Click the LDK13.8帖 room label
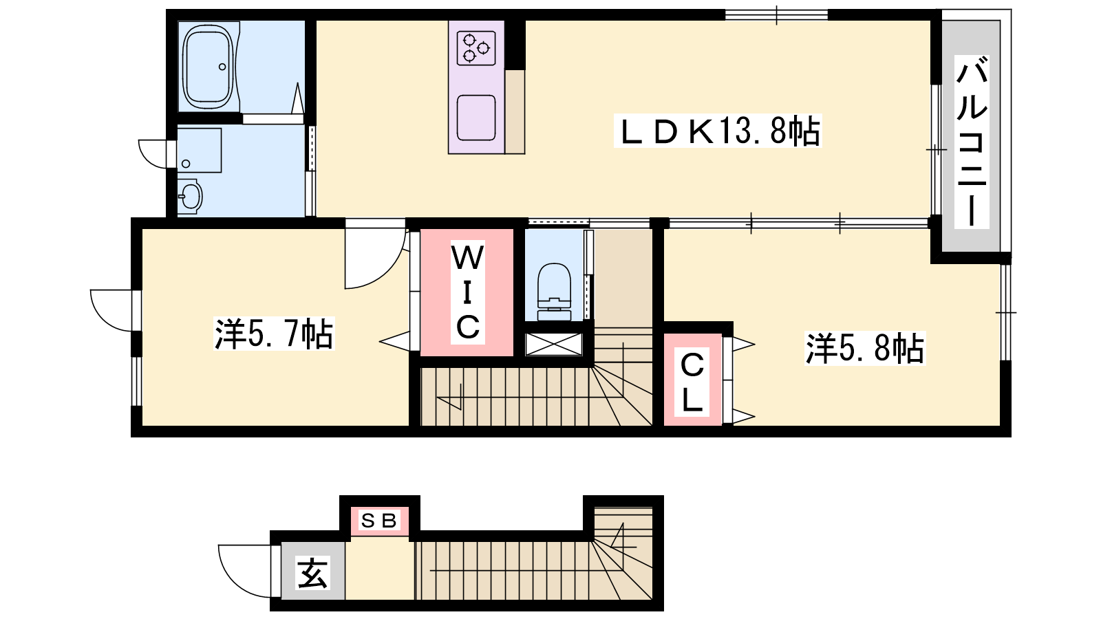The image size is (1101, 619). pyautogui.click(x=718, y=131)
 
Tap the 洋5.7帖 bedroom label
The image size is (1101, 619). pyautogui.click(x=274, y=334)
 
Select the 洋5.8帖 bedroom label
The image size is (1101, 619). pyautogui.click(x=864, y=348)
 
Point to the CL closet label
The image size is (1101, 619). pyautogui.click(x=692, y=382)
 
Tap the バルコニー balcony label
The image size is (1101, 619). pyautogui.click(x=972, y=142)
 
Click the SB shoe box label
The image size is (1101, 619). pyautogui.click(x=379, y=520)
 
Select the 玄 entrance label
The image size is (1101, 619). pyautogui.click(x=312, y=573)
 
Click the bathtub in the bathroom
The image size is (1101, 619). pyautogui.click(x=207, y=67)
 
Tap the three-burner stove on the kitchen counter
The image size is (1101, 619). pyautogui.click(x=475, y=48)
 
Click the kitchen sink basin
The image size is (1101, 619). pyautogui.click(x=475, y=118)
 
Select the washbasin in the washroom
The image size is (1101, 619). pyautogui.click(x=190, y=197)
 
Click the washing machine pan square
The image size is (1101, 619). pyautogui.click(x=199, y=151)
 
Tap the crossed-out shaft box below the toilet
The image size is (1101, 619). pyautogui.click(x=553, y=344)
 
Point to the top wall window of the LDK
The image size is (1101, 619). pyautogui.click(x=777, y=14)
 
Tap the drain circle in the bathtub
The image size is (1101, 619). pyautogui.click(x=222, y=67)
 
